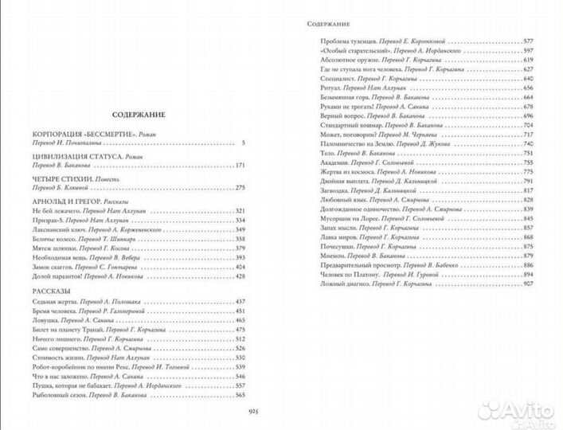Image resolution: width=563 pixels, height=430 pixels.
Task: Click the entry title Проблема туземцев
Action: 344,40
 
